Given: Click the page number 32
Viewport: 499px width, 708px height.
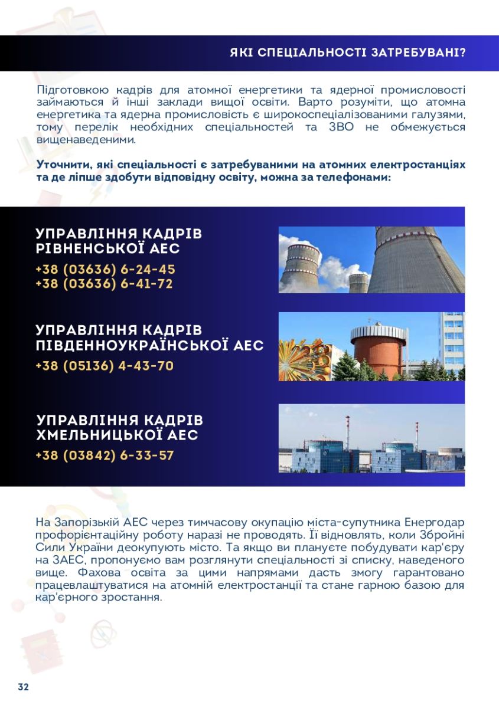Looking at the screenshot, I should coord(24,687).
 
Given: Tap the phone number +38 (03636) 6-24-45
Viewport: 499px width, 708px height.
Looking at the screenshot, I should coord(105,270).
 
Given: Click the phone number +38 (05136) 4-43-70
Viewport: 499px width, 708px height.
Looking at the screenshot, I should coord(105,366).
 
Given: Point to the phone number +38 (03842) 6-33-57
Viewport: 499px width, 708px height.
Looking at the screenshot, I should coord(105,455).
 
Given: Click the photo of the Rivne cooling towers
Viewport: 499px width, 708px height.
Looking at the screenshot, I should coord(371,260).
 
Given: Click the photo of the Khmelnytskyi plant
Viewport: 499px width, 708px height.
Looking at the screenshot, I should coord(371,438).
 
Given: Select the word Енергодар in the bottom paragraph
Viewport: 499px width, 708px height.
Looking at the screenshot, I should coord(435,523).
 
